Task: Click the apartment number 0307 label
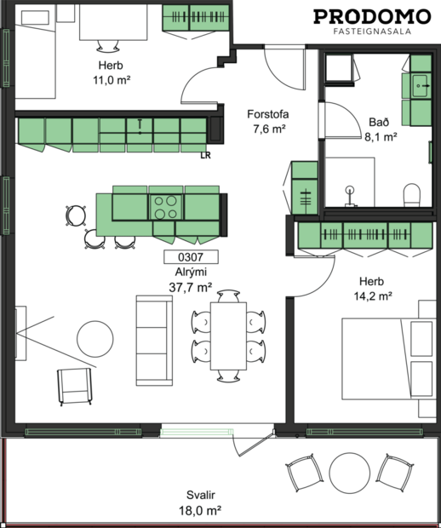pyautogui.click(x=191, y=256)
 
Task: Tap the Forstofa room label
pyautogui.click(x=266, y=113)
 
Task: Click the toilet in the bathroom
pyautogui.click(x=412, y=195)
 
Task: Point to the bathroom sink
pyautogui.click(x=420, y=84)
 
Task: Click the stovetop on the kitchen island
pyautogui.click(x=167, y=204)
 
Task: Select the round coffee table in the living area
pyautogui.click(x=95, y=338)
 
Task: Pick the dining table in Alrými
pyautogui.click(x=228, y=336)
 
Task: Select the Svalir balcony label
pyautogui.click(x=203, y=496)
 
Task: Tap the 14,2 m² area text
pyautogui.click(x=375, y=296)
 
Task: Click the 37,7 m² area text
pyautogui.click(x=191, y=288)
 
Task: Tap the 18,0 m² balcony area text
pyautogui.click(x=203, y=511)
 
